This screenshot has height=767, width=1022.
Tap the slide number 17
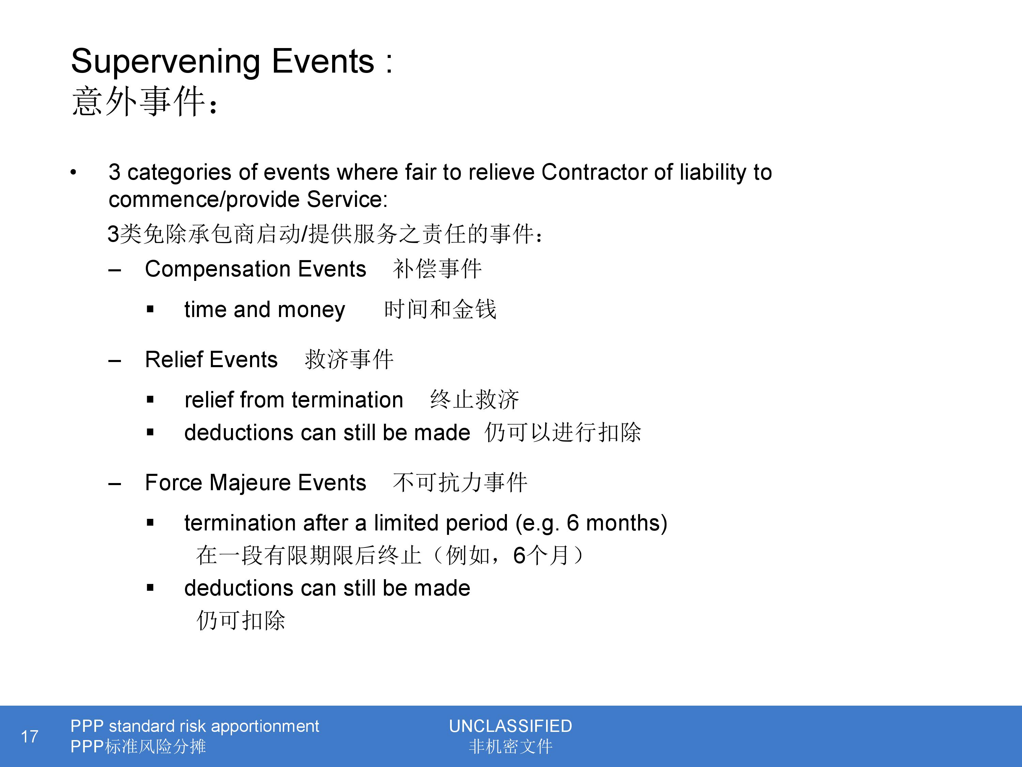pos(30,736)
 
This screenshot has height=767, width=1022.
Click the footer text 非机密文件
pos(511,746)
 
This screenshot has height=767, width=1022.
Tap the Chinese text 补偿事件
pos(437,269)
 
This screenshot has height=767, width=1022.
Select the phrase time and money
pos(265,310)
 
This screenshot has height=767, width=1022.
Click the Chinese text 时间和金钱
pos(440,309)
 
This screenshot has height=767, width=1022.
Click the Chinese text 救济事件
pos(349,359)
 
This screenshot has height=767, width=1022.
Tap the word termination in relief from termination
pos(347,400)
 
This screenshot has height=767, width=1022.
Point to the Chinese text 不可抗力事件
pos(460,482)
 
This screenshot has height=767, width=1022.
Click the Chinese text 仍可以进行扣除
pos(563,432)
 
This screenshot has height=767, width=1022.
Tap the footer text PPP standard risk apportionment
pos(195,726)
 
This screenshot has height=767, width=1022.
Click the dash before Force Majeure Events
pos(114,484)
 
